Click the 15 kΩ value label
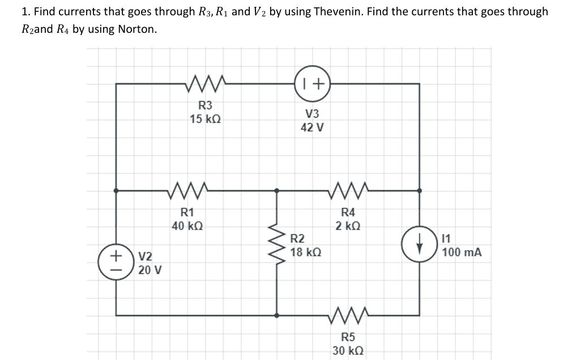(205, 119)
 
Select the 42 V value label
(313, 127)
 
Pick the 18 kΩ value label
(306, 252)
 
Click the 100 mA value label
(462, 252)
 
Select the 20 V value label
(150, 270)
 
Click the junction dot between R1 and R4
(276, 191)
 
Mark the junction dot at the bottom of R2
(276, 314)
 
